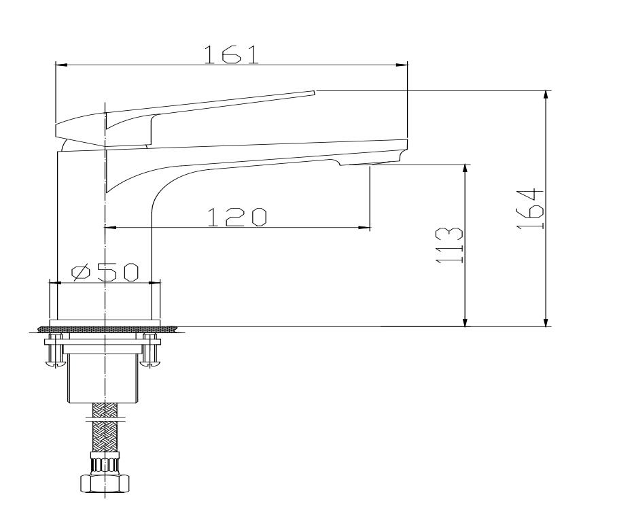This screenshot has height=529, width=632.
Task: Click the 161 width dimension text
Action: click(231, 54)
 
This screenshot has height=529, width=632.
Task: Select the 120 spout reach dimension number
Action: click(236, 218)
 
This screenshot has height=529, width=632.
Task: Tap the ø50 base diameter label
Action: click(105, 272)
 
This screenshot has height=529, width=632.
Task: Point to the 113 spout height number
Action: click(449, 245)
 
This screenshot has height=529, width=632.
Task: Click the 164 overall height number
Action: click(529, 209)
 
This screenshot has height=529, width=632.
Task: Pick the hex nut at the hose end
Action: click(105, 483)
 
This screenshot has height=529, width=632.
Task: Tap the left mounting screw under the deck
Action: click(55, 349)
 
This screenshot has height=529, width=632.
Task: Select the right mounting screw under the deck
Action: click(151, 349)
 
